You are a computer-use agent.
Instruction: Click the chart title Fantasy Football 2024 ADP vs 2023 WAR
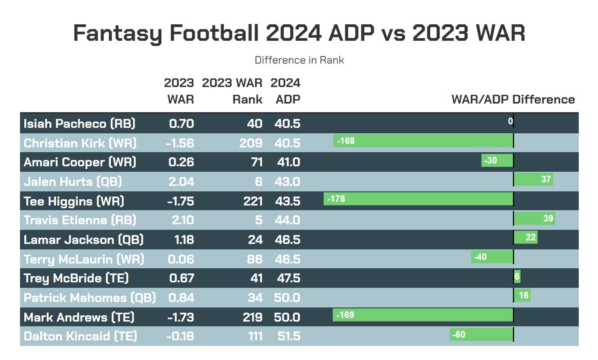[299, 33]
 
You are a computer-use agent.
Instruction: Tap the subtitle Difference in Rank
[299, 60]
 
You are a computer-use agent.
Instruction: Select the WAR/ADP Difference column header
[513, 100]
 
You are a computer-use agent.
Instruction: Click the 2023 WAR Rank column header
[232, 91]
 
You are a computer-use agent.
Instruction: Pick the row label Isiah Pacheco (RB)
[79, 124]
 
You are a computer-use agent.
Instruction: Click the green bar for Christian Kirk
[423, 141]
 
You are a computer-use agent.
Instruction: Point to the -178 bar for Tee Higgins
[418, 199]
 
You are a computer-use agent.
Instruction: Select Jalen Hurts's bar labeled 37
[533, 179]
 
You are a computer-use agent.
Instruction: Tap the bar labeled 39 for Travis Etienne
[534, 218]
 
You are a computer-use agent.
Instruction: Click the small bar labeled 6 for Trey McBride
[517, 276]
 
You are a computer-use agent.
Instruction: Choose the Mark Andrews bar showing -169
[423, 315]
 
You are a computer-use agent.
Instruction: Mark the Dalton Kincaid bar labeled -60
[481, 335]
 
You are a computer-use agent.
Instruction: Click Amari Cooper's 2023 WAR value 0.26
[181, 162]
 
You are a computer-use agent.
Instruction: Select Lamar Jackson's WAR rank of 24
[255, 240]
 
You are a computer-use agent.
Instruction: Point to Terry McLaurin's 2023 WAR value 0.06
[181, 259]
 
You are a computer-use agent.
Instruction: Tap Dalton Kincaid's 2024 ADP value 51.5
[288, 336]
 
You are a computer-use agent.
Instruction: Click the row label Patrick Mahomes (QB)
[89, 298]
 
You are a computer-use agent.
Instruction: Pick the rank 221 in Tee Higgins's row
[253, 201]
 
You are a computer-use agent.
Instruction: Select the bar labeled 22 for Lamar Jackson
[525, 237]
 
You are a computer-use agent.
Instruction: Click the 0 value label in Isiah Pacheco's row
[510, 121]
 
